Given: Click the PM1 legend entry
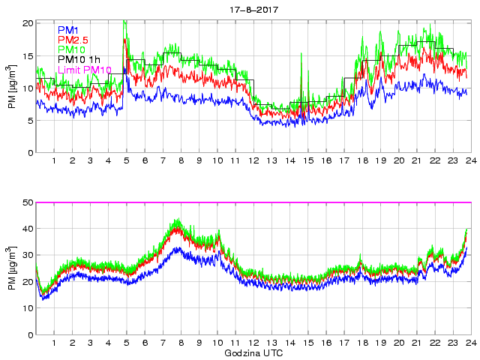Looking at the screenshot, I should pyautogui.click(x=70, y=29).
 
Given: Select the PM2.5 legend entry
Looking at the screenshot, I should pyautogui.click(x=76, y=40).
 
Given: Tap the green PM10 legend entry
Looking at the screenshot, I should pyautogui.click(x=73, y=49).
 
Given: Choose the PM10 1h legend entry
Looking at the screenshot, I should pyautogui.click(x=79, y=60).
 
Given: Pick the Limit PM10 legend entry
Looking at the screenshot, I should pyautogui.click(x=85, y=70).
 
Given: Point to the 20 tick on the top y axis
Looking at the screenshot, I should pyautogui.click(x=28, y=23).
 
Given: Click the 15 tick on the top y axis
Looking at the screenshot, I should pyautogui.click(x=28, y=56).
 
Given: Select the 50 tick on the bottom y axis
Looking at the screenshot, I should pyautogui.click(x=28, y=202).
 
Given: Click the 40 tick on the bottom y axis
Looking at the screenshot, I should pyautogui.click(x=28, y=229).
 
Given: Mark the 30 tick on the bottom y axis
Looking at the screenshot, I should pyautogui.click(x=28, y=256).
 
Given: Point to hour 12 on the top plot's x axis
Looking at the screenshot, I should pyautogui.click(x=253, y=161).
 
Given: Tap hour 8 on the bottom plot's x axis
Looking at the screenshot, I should pyautogui.click(x=181, y=343).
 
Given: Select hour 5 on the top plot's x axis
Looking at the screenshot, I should pyautogui.click(x=127, y=161).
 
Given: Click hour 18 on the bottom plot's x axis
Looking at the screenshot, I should pyautogui.click(x=362, y=343).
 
